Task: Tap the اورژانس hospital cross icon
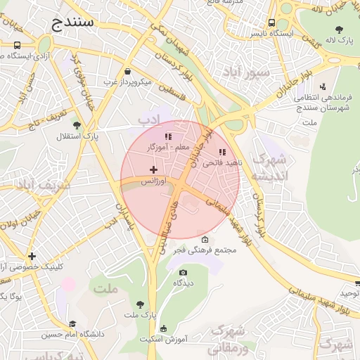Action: (x=154, y=169)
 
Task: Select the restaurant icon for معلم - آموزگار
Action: (x=167, y=136)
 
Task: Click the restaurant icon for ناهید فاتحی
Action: (x=222, y=152)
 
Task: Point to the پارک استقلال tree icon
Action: (x=77, y=125)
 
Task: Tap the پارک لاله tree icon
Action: (x=340, y=30)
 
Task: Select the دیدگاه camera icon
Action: (x=184, y=272)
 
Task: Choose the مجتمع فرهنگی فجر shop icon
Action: (x=205, y=240)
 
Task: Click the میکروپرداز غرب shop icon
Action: (x=127, y=71)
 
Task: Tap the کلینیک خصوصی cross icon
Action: (x=32, y=256)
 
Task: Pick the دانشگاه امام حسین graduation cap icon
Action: (x=72, y=324)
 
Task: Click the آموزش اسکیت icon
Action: (x=164, y=328)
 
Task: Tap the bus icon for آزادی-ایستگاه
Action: (x=16, y=45)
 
